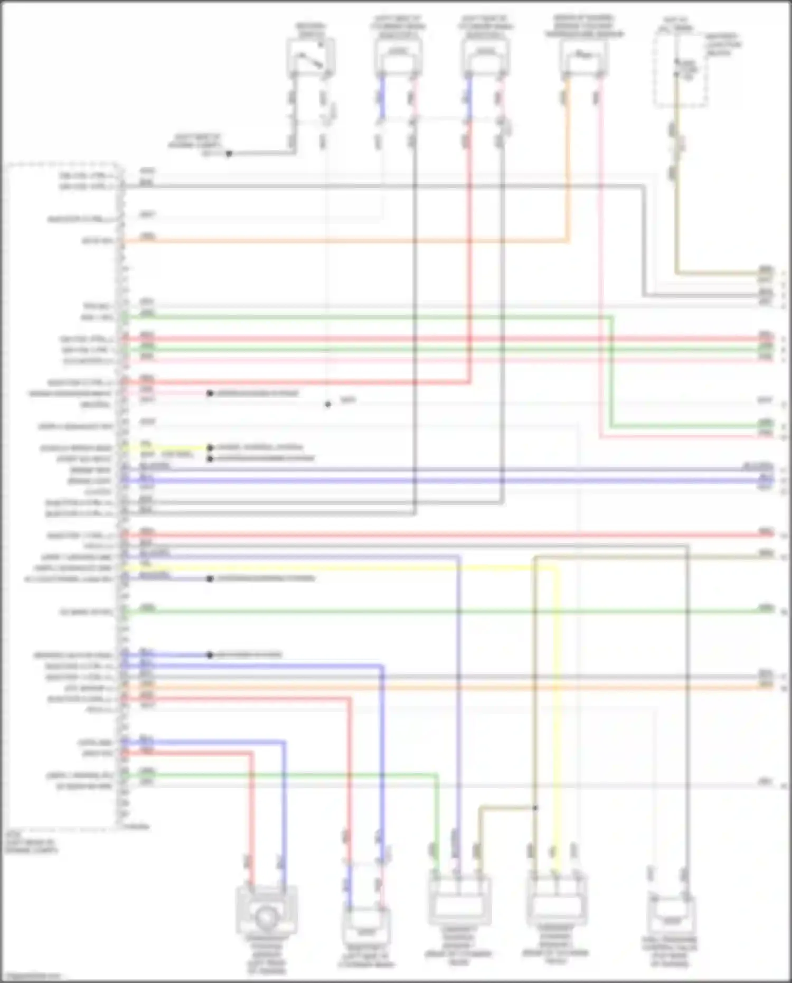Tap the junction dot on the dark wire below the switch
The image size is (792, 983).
coord(229,154)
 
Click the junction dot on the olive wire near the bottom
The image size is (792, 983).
coord(535,808)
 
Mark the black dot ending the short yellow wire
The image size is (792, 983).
coord(210,448)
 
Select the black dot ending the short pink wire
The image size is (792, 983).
coord(210,394)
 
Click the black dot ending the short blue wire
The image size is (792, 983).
coord(210,655)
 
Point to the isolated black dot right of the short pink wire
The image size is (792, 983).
coord(328,405)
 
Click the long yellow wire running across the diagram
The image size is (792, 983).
coord(338,568)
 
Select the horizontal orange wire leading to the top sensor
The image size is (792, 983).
coord(343,241)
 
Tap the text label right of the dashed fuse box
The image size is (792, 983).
coord(723,45)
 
